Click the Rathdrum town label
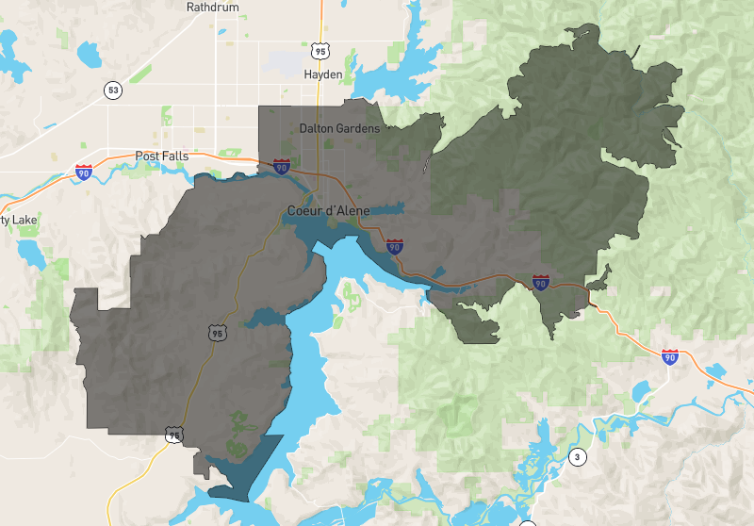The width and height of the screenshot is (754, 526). click(213, 7)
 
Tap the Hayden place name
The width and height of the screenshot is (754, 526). click(323, 74)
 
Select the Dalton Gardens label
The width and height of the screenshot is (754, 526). click(339, 128)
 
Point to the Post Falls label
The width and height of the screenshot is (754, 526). click(162, 156)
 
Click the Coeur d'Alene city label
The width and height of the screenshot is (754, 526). click(329, 210)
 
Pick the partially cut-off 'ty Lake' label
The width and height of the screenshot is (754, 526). click(18, 221)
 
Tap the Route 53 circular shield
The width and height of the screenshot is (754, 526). click(114, 90)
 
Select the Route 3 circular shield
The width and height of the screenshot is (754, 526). click(577, 458)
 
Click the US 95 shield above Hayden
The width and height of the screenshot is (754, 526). click(321, 50)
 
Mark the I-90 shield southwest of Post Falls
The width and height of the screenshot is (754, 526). click(84, 173)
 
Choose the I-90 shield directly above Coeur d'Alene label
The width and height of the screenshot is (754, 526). click(281, 167)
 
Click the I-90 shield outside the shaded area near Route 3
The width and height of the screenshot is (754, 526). click(669, 356)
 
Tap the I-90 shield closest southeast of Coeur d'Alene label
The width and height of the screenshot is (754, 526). click(395, 247)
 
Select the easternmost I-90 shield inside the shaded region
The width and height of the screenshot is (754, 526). click(540, 282)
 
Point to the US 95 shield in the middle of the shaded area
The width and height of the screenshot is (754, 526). click(218, 333)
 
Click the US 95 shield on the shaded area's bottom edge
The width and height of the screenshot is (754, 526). click(172, 435)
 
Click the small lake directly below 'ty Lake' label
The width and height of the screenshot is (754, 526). click(29, 253)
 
